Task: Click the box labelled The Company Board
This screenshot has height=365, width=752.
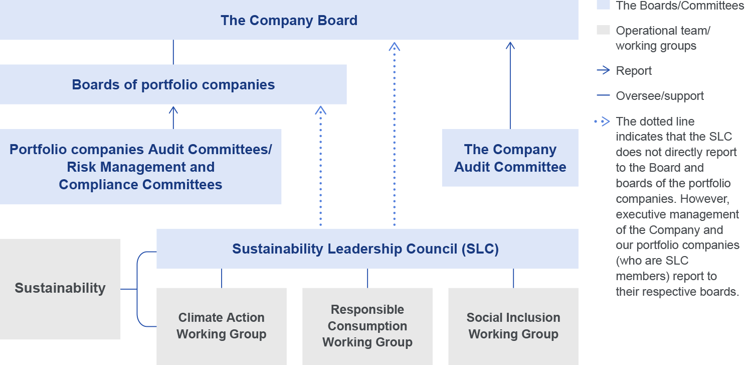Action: point(289,21)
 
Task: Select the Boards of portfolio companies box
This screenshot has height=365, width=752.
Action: point(173,84)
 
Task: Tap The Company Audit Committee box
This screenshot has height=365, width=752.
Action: point(510,158)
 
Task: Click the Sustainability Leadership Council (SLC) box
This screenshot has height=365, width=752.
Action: point(367,249)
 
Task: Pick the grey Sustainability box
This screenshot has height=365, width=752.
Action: point(60,289)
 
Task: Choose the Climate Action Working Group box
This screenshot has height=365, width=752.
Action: point(221,326)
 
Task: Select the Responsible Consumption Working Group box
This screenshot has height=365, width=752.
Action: point(367,326)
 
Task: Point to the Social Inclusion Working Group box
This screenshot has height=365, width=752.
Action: point(513,326)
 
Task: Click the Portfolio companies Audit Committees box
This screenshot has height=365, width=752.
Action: point(140,167)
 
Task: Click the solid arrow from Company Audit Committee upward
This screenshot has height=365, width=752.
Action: point(510,85)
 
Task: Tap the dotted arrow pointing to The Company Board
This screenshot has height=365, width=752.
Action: point(395,136)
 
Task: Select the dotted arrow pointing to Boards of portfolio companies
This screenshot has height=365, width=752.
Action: point(321,166)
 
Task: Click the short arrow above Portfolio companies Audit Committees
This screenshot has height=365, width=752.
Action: point(173,117)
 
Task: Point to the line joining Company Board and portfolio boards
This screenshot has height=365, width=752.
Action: point(173,52)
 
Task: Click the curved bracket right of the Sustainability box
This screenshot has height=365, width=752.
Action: point(139,289)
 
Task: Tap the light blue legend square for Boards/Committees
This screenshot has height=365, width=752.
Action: point(603,5)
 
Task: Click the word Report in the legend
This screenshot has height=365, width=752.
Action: point(634,71)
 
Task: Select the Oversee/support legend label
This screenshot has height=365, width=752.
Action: point(660,96)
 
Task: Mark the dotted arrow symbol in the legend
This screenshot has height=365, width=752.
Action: point(602,121)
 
